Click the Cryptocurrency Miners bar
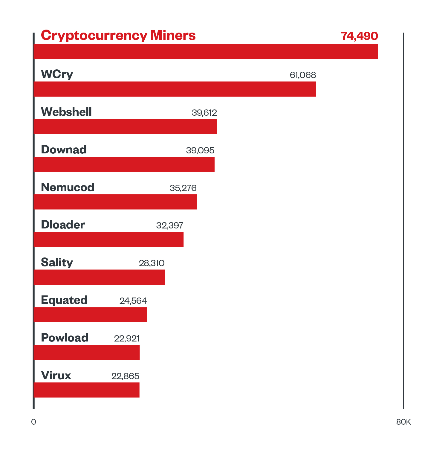coord(206,51)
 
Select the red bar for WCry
coord(175,89)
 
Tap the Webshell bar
coord(125,127)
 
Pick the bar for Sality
coord(99,277)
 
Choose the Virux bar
coord(87,390)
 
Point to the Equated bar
coord(91,315)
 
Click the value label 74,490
coord(359,36)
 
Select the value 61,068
coord(303,75)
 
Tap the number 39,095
coord(200,150)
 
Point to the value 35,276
coord(183,188)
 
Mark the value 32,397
coord(169,225)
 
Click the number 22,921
coord(126,338)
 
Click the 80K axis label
coord(403,422)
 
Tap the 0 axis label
coord(33,422)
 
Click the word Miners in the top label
coord(173,35)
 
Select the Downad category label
coord(64,150)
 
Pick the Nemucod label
coord(68,187)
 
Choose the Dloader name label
coord(63,225)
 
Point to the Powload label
coord(65,338)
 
